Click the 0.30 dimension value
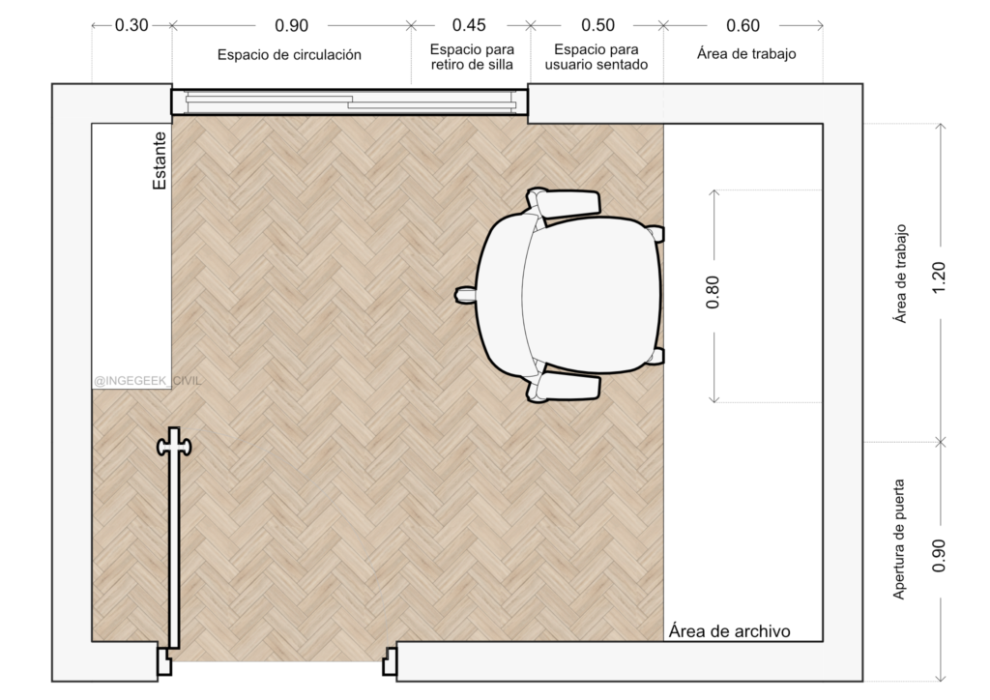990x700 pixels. [x=131, y=25]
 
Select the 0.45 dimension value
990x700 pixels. [x=469, y=25]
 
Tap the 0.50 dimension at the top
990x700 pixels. [x=597, y=25]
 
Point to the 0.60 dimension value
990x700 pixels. [x=743, y=26]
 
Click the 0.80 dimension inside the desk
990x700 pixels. [x=713, y=292]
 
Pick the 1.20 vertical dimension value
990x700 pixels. [x=939, y=277]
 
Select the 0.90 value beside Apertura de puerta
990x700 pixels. [x=939, y=555]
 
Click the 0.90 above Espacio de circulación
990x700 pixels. [x=292, y=26]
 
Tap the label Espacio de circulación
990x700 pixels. [x=289, y=55]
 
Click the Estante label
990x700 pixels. [x=160, y=160]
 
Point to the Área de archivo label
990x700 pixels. [x=729, y=631]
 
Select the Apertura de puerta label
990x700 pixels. [x=899, y=540]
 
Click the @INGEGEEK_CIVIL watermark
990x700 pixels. [x=147, y=381]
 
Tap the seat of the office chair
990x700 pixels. [x=591, y=295]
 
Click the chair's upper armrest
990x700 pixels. [x=564, y=203]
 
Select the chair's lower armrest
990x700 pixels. [x=564, y=387]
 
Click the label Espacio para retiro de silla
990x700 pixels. [x=472, y=57]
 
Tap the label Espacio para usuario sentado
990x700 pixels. [x=596, y=57]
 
